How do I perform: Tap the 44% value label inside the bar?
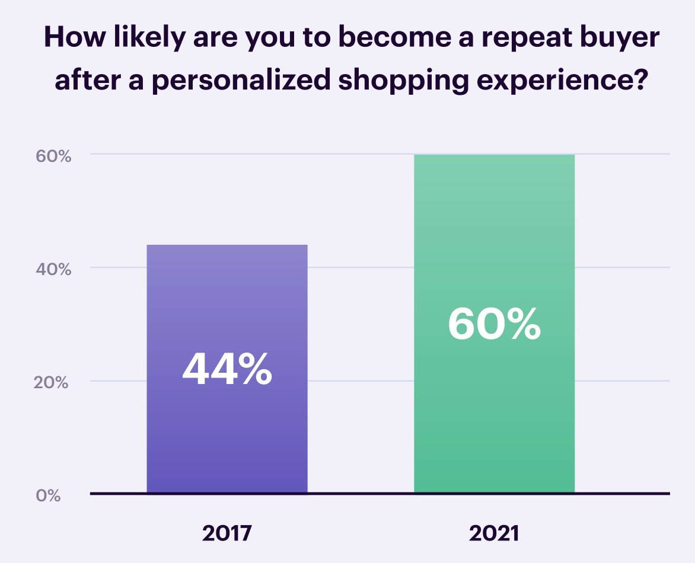click(x=227, y=369)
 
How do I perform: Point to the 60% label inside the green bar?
click(x=494, y=324)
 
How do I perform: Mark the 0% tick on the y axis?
click(x=49, y=495)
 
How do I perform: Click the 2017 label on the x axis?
click(x=227, y=533)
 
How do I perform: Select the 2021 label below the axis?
click(x=494, y=533)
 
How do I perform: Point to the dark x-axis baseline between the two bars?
click(x=361, y=493)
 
